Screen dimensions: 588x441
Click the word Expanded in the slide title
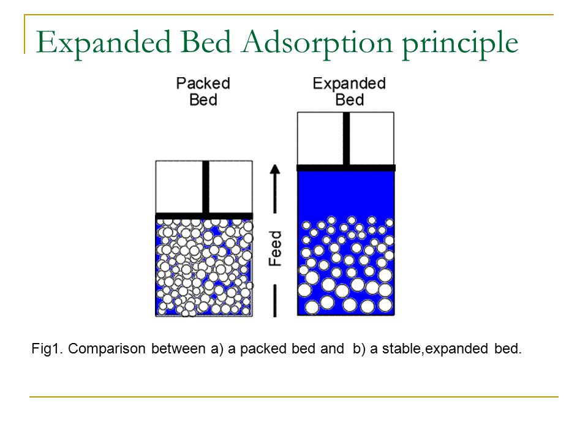pos(104,43)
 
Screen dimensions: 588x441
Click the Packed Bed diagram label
pos(203,91)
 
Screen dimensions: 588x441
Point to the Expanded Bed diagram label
pos(350,91)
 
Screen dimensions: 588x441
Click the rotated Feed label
pos(275,249)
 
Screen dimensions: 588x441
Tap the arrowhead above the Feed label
pos(275,170)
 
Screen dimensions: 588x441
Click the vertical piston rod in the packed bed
pos(206,187)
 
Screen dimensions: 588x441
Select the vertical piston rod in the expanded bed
pos(346,138)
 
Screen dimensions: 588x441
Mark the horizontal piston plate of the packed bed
pos(204,216)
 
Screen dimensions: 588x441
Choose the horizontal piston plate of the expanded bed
pos(345,168)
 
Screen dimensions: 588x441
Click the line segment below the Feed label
pos(275,301)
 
